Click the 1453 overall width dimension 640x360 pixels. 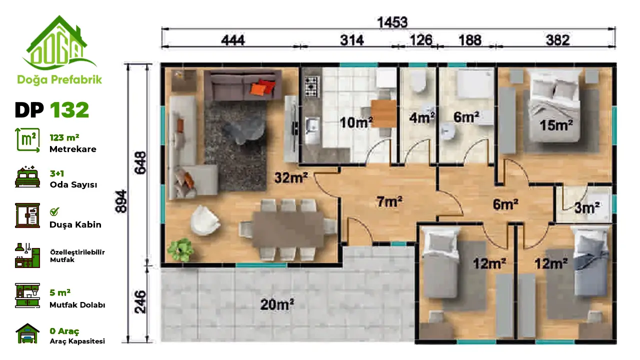click(392, 22)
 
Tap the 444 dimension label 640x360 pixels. click(233, 40)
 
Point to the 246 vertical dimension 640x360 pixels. click(140, 302)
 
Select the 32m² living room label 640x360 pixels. click(291, 177)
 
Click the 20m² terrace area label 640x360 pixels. click(277, 304)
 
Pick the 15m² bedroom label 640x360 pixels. click(556, 125)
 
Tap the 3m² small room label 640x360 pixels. click(587, 207)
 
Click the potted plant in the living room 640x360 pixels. click(180, 249)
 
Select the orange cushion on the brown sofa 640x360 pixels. click(257, 88)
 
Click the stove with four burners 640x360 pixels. click(311, 86)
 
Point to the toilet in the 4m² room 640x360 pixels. click(418, 81)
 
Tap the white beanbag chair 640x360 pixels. click(205, 220)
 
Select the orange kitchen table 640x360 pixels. click(383, 113)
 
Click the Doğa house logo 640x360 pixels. click(59, 43)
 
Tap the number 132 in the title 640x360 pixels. click(69, 110)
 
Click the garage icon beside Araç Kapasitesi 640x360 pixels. click(27, 333)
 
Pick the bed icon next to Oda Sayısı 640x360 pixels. click(27, 177)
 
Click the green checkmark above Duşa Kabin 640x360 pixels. click(54, 211)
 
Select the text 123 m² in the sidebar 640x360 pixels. click(64, 137)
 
